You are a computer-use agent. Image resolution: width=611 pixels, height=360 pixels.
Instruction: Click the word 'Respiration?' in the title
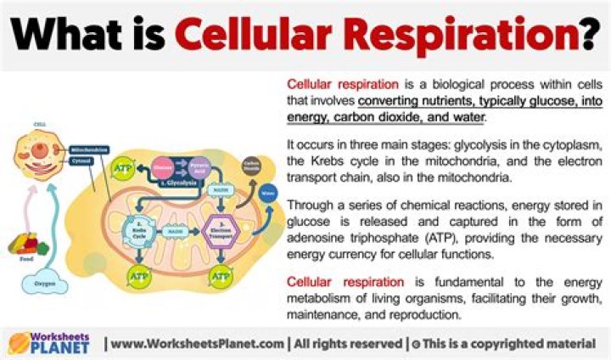point(458,36)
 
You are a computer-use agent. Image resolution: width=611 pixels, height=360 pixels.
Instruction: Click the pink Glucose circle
point(162,168)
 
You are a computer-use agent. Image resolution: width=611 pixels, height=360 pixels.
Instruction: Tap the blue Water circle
point(269,192)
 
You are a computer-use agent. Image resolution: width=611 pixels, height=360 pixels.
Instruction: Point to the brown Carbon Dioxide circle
point(250,165)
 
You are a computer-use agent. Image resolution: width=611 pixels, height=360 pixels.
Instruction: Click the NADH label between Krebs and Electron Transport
point(180,232)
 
